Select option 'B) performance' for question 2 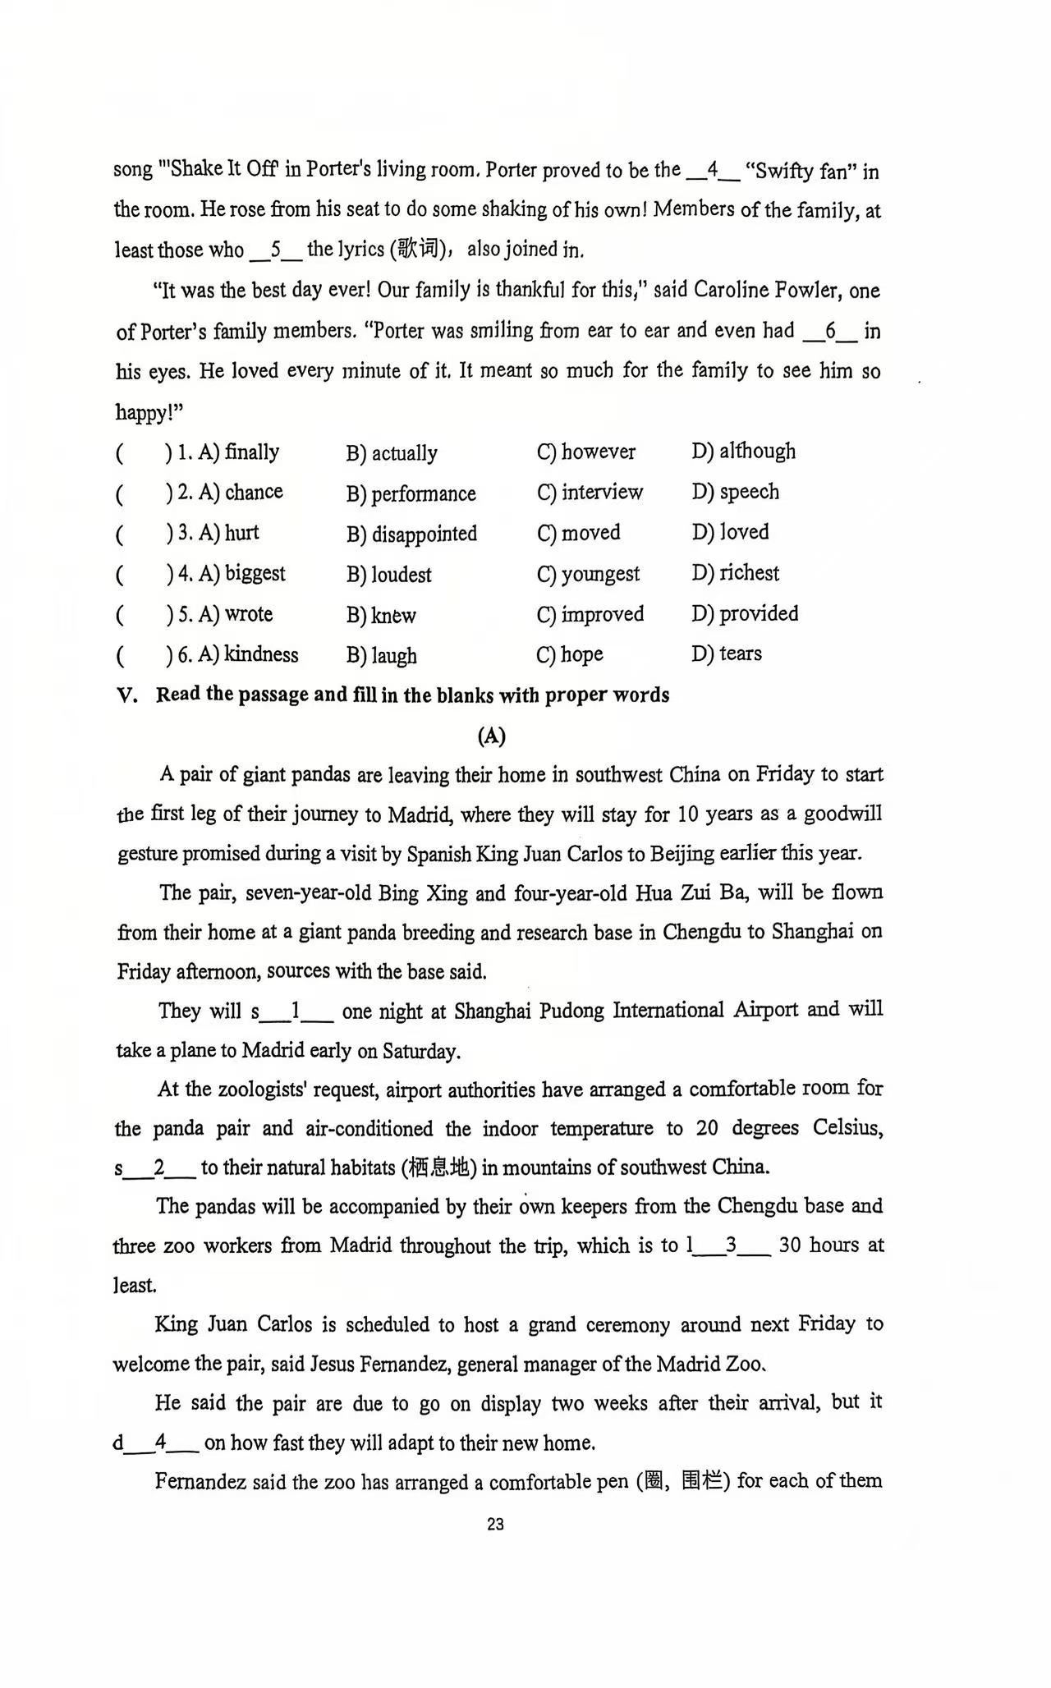pos(411,493)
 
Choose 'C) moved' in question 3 pos(578,533)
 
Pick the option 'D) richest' pos(735,573)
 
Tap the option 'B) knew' pos(381,616)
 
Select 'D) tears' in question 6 pos(727,654)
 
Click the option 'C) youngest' pos(588,574)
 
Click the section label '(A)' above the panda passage pos(491,736)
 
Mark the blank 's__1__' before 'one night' pos(292,1011)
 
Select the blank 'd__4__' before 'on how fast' pos(155,1443)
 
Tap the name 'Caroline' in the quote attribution pos(730,290)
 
